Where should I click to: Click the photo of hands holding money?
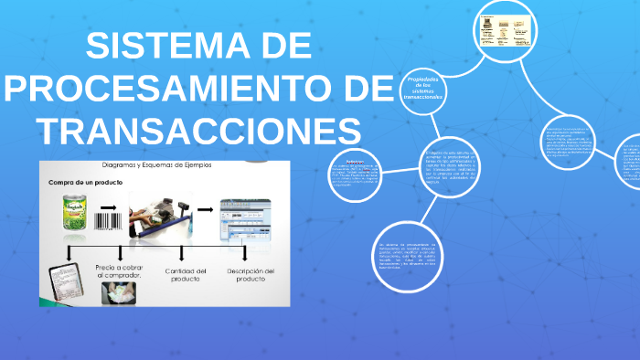point(116,291)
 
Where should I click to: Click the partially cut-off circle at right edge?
point(629,160)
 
